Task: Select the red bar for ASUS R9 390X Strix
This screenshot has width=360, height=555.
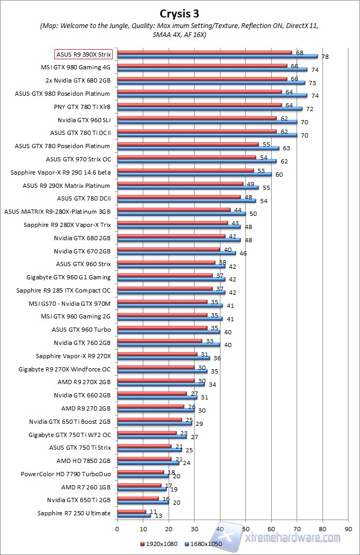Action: (x=204, y=52)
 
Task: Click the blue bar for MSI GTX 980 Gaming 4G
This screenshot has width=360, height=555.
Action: (x=212, y=69)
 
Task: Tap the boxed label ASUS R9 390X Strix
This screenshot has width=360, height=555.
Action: (x=84, y=54)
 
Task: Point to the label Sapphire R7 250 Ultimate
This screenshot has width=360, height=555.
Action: (x=74, y=513)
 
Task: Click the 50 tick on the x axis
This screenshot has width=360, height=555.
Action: (x=245, y=528)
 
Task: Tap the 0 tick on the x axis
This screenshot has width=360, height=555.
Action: (x=117, y=528)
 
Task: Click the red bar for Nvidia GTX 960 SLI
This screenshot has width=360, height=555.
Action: (x=196, y=118)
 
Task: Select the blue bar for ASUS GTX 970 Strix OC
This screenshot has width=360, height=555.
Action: (x=196, y=161)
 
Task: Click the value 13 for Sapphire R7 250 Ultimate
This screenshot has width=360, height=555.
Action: (x=157, y=516)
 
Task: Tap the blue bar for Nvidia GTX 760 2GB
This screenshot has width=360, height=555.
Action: (x=168, y=344)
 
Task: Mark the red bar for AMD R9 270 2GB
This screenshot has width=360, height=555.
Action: (x=150, y=406)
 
